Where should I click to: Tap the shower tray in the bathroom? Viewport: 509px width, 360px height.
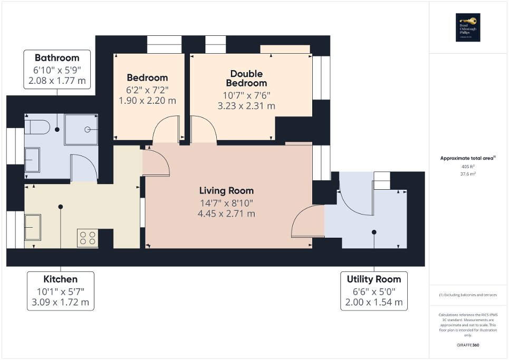point(81,129)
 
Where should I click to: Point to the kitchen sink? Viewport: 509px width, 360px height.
point(33,227)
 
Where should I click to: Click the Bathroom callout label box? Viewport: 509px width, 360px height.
point(57,70)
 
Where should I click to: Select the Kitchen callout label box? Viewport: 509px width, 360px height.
point(60,291)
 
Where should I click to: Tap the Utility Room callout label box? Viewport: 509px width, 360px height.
point(374,291)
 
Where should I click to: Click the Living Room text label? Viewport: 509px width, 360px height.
point(226,191)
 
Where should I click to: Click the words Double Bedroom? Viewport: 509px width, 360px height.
point(246,79)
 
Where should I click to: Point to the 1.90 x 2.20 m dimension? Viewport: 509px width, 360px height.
point(147,101)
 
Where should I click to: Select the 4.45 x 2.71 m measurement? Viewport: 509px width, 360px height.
point(227,213)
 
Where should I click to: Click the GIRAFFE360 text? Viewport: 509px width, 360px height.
point(468,345)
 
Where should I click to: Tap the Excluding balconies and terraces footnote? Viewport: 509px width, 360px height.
point(468,295)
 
